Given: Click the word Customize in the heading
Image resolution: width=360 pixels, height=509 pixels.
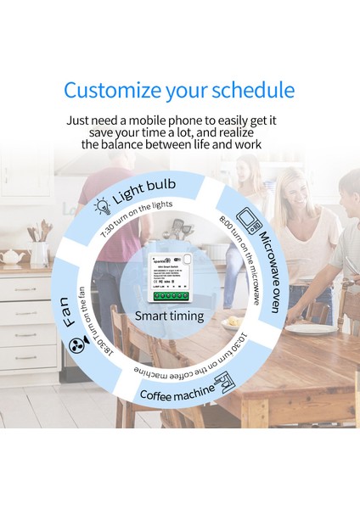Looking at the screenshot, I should coord(111,90).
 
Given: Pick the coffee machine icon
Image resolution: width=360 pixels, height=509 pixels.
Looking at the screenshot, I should coord(227,386).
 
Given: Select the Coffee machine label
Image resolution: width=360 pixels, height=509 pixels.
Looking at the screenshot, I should coord(175,394).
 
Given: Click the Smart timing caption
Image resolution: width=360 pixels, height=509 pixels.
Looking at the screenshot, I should coord(170,316).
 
